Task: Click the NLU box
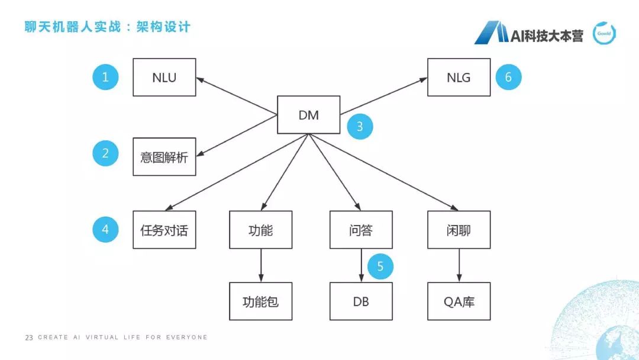[164, 77]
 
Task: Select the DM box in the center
[309, 115]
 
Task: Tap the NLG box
[459, 77]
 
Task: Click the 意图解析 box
[164, 157]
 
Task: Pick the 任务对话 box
[164, 230]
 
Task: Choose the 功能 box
[260, 230]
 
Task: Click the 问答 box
[360, 230]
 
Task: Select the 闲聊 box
[459, 230]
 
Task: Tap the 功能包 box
[260, 301]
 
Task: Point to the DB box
[360, 301]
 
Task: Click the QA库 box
[459, 301]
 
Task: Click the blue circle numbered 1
[105, 77]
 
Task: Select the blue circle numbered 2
[105, 153]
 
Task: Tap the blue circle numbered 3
[359, 126]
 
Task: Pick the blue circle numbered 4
[105, 229]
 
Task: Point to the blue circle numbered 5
[380, 266]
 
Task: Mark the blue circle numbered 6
[508, 77]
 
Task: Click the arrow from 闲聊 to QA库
[459, 265]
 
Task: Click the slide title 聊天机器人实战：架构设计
[107, 27]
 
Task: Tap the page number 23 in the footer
[29, 337]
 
